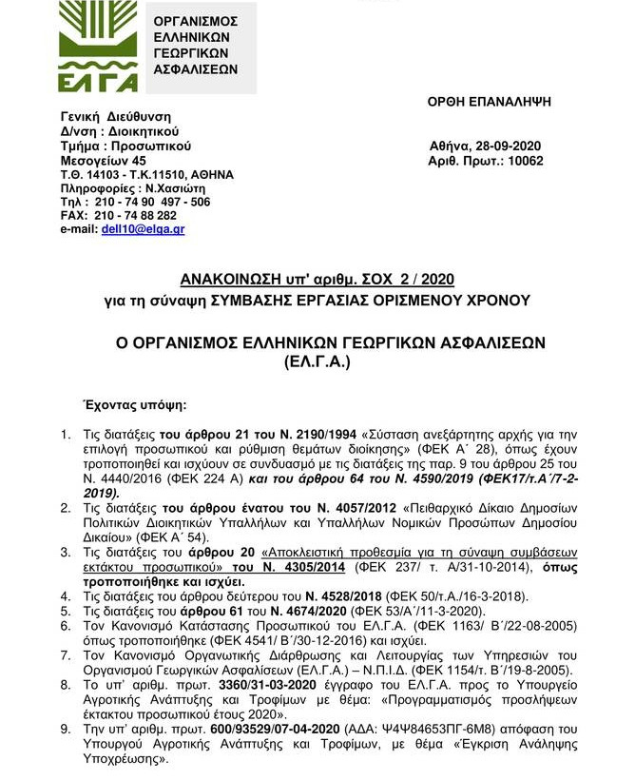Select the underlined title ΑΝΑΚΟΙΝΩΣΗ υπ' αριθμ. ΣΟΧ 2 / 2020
(x=317, y=279)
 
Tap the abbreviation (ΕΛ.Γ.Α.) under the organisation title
(x=317, y=362)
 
